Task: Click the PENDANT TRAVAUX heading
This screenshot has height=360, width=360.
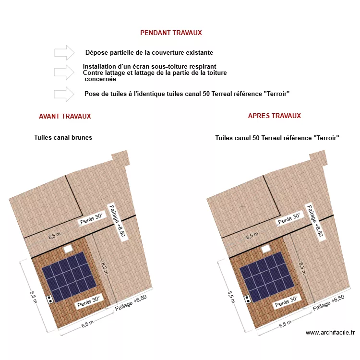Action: tap(171, 33)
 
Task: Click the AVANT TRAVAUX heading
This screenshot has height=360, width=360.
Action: tap(65, 116)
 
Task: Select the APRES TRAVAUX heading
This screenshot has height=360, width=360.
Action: tap(274, 116)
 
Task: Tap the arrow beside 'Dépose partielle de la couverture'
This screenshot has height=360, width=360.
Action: tap(64, 53)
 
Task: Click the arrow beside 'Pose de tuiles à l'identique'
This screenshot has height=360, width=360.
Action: tap(64, 94)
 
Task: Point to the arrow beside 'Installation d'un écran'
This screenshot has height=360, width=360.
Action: tap(64, 72)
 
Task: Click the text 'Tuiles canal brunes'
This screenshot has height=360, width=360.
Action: tap(63, 138)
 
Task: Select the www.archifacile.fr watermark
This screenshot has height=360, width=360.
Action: tap(330, 332)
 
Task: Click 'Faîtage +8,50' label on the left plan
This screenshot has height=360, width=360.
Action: tap(117, 221)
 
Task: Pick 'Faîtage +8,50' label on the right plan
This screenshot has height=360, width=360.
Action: tap(315, 221)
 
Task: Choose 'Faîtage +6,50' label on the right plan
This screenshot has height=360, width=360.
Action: tap(329, 304)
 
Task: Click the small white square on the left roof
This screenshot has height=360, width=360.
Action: tap(67, 248)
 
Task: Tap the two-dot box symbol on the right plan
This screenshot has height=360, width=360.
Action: tap(248, 299)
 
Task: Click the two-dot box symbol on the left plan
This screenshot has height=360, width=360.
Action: tap(50, 299)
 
